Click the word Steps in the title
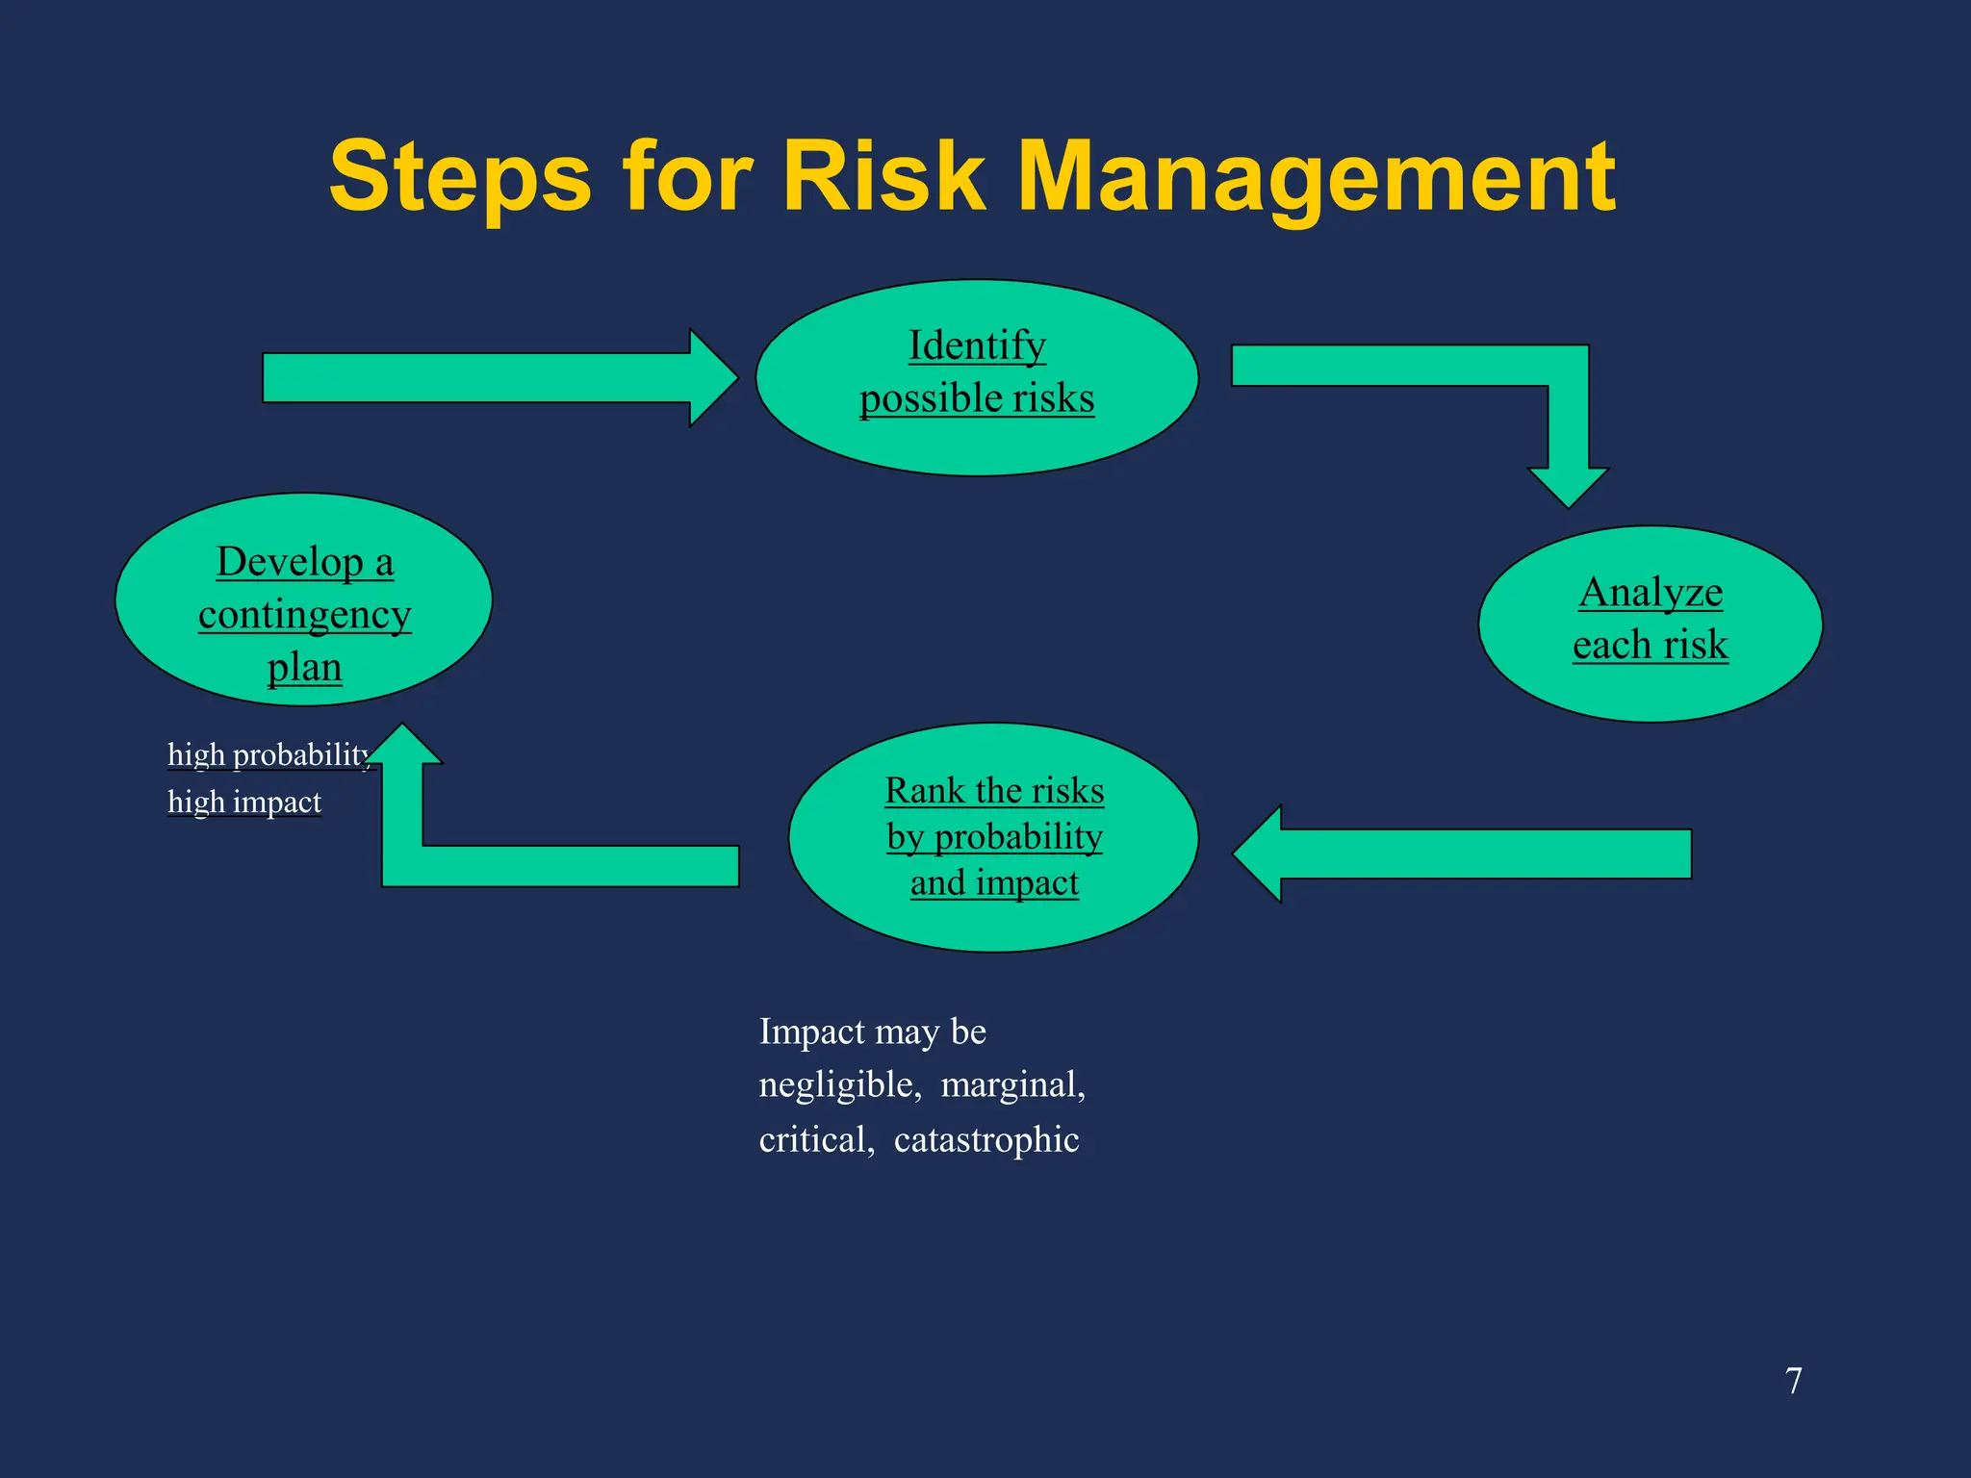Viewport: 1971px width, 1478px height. point(460,177)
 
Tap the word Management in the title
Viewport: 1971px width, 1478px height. point(1317,177)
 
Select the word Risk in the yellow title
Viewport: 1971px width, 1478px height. point(884,177)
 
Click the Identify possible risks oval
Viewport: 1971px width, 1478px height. point(977,377)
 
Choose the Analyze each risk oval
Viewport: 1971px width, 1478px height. point(1650,624)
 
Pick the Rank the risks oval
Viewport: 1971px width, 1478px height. point(993,837)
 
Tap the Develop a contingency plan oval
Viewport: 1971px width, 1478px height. point(304,599)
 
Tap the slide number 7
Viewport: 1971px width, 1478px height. point(1793,1381)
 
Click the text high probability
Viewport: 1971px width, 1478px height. point(268,754)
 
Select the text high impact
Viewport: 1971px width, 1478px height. point(244,802)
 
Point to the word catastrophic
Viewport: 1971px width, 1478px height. point(985,1139)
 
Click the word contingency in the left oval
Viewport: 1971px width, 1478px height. point(304,615)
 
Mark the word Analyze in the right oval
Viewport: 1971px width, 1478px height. point(1651,592)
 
